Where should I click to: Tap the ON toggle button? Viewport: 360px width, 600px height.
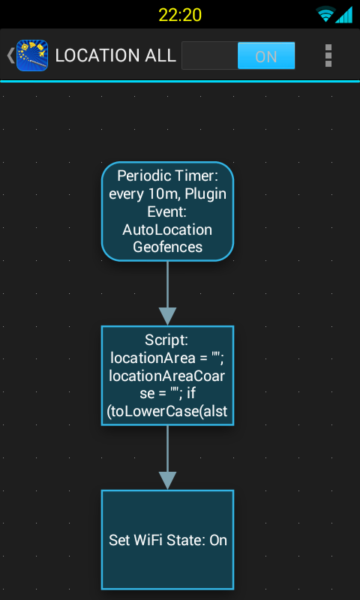[265, 56]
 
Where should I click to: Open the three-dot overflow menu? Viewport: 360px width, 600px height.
[328, 55]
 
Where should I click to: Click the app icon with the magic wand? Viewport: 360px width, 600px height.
[32, 55]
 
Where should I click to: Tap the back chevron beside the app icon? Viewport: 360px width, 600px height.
[10, 55]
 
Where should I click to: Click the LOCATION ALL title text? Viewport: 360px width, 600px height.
[115, 56]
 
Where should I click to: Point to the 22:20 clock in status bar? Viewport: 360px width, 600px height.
[180, 14]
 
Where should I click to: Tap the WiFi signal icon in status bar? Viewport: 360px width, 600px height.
[325, 14]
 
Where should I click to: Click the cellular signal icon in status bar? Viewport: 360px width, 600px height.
[344, 14]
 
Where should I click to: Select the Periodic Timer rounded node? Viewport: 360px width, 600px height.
[167, 211]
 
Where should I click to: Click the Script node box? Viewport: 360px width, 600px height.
[167, 376]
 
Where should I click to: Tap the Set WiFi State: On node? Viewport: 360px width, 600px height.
[167, 540]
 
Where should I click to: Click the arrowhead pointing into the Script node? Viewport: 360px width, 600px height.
[167, 316]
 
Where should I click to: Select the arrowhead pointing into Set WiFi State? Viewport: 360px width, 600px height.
[167, 480]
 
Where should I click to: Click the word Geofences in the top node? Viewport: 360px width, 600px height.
[167, 246]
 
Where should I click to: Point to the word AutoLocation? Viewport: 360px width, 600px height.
[167, 229]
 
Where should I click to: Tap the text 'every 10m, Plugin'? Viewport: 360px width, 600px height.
[167, 194]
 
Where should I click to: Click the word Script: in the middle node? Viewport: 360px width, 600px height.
[167, 339]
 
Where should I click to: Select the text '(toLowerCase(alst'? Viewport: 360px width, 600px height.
[167, 409]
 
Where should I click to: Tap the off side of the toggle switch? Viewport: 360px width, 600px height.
[209, 56]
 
